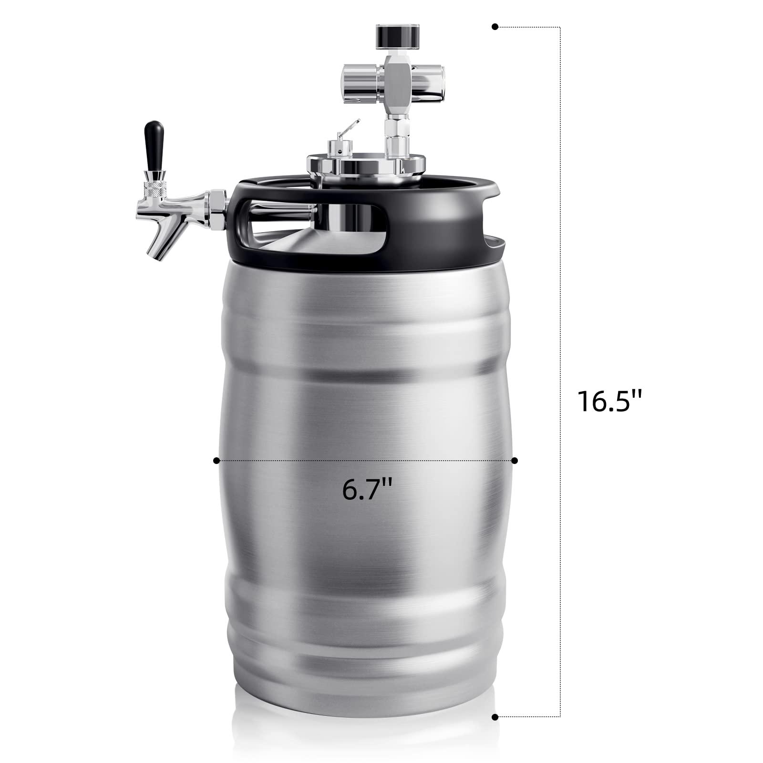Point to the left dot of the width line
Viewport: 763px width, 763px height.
click(217, 461)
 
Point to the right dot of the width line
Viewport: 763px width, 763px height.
click(515, 461)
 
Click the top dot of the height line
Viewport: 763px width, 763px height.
click(495, 27)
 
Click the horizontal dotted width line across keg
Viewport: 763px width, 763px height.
click(310, 461)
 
